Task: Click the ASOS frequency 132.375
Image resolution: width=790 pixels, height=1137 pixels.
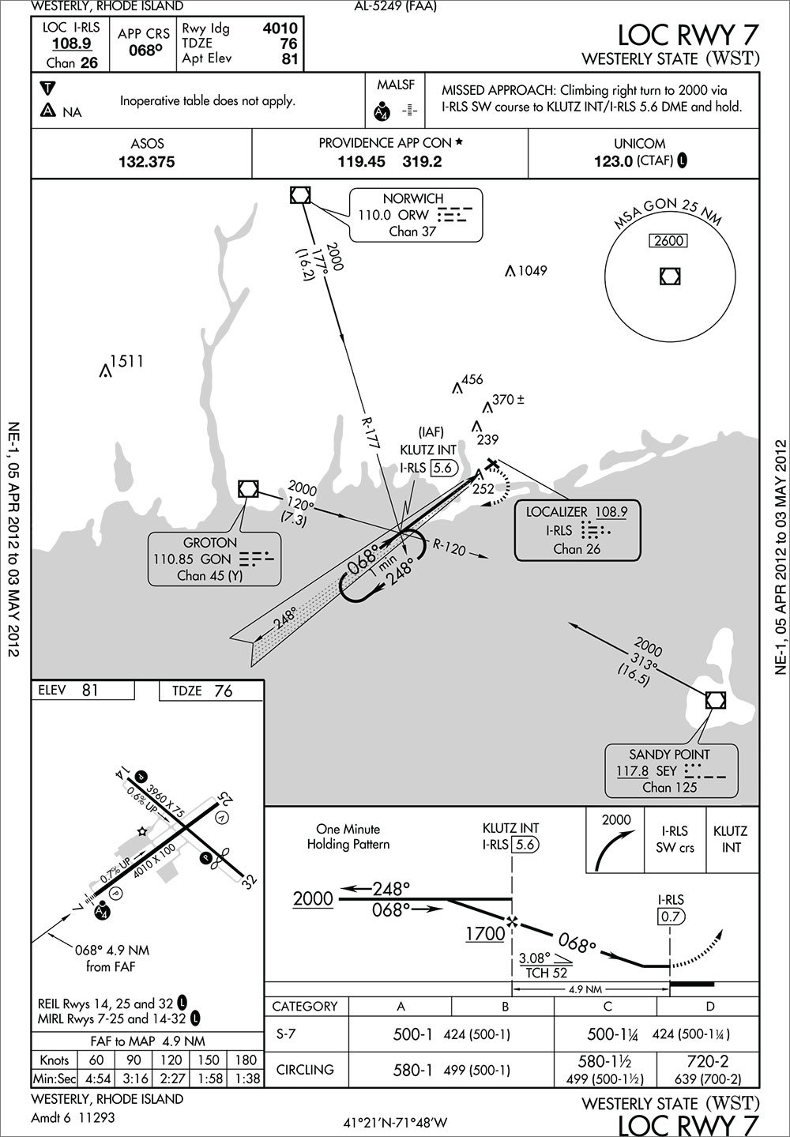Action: pos(141,162)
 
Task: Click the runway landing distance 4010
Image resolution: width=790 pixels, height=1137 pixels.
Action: pos(280,28)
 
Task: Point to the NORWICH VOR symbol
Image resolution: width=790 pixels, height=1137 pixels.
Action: pos(300,194)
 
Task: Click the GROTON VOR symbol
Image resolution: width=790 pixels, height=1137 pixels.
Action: pos(248,489)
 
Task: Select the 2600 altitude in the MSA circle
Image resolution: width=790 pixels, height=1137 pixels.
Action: pos(668,241)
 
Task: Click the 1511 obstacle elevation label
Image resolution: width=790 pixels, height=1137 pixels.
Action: pos(126,362)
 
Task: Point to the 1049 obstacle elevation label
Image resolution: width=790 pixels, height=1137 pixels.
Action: pos(532,271)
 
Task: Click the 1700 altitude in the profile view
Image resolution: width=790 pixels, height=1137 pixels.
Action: pos(484,933)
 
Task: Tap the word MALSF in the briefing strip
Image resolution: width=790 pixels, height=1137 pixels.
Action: pos(397,85)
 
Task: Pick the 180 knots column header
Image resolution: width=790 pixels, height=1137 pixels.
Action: pos(247,1060)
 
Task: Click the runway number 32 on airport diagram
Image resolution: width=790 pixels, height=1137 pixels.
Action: pos(250,880)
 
